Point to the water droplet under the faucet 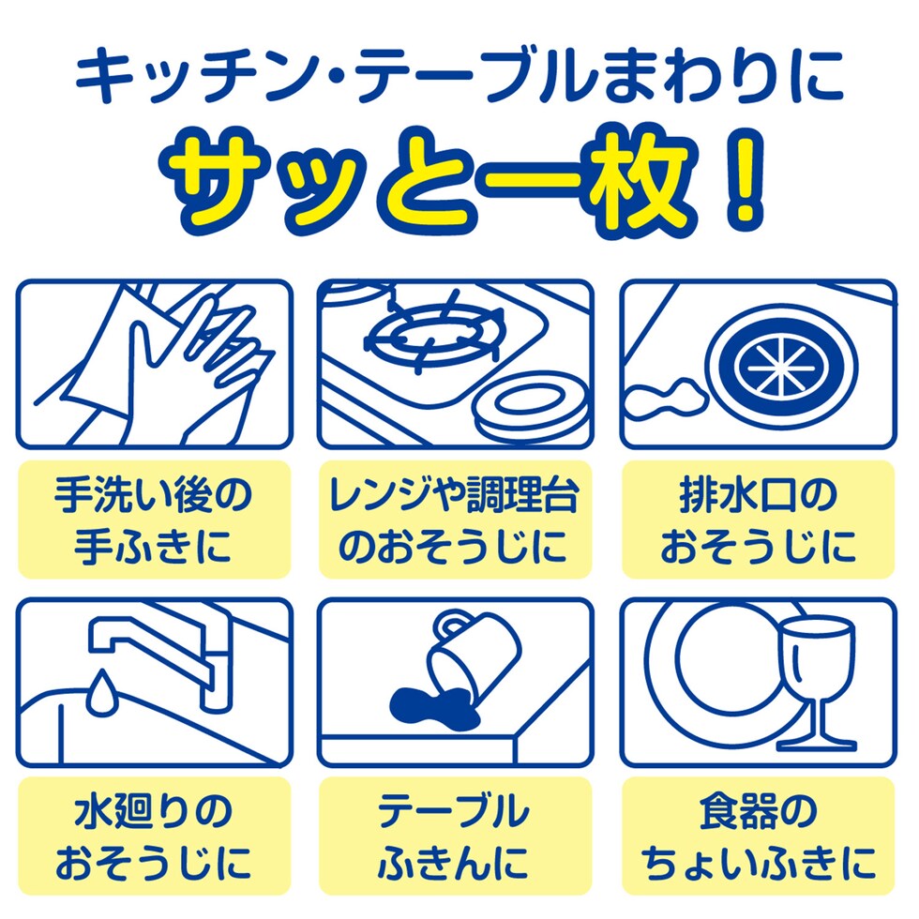102,692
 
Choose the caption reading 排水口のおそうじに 759,520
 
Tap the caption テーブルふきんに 454,836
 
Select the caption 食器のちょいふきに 759,836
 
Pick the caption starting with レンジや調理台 454,520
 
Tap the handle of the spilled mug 450,624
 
